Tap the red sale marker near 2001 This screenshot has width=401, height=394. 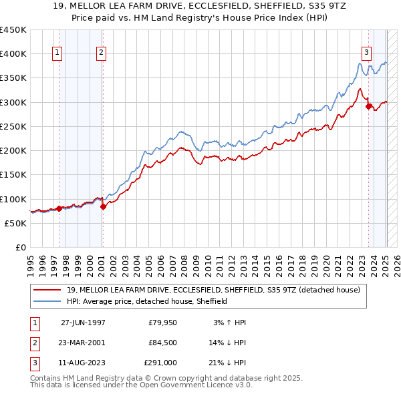(103, 206)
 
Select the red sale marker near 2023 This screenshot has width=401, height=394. (368, 106)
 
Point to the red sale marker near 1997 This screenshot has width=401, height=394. (59, 208)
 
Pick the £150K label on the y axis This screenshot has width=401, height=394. (13, 174)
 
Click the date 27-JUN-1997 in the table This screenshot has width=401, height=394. (83, 323)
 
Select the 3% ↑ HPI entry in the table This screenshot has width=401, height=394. (229, 323)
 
